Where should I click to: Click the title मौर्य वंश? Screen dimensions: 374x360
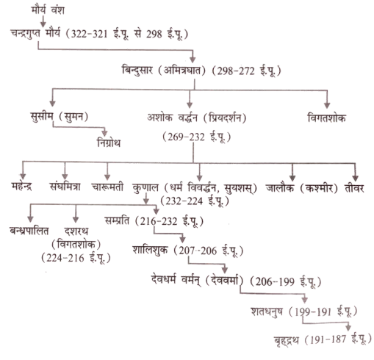[48, 10]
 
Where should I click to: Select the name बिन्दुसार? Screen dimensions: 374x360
[137, 71]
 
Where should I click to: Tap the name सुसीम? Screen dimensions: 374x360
[42, 116]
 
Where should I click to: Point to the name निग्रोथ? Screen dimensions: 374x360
[109, 143]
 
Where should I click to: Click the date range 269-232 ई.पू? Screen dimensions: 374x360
[196, 137]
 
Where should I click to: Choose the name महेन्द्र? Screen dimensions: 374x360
[21, 187]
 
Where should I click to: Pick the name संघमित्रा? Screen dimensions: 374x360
[65, 187]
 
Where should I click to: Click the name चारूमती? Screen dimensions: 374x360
[107, 187]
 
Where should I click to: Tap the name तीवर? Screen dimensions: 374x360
[354, 188]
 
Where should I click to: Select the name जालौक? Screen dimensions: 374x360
[280, 188]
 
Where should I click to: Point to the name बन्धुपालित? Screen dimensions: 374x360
[29, 231]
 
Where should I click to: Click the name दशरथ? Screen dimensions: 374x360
[76, 231]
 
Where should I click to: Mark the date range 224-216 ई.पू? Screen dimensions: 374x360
[76, 258]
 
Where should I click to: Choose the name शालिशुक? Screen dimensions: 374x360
[151, 251]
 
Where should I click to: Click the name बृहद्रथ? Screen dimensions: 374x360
[286, 340]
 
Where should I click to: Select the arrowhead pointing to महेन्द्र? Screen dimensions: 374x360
[23, 176]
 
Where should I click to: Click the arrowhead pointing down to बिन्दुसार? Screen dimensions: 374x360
[193, 60]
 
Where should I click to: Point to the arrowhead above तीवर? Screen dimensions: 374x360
[355, 178]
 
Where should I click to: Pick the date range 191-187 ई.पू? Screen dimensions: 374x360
[338, 340]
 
